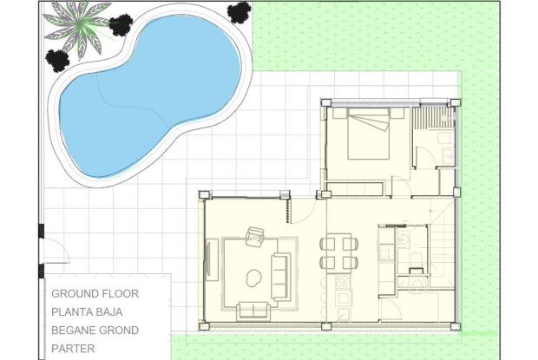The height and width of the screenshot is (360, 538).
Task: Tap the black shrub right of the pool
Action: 239,11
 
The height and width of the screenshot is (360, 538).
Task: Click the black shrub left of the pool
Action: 57,60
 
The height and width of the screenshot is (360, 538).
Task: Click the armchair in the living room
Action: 256,236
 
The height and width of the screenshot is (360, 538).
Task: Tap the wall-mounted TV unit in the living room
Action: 209,257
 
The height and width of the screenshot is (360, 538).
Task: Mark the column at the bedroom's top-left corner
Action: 325,103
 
